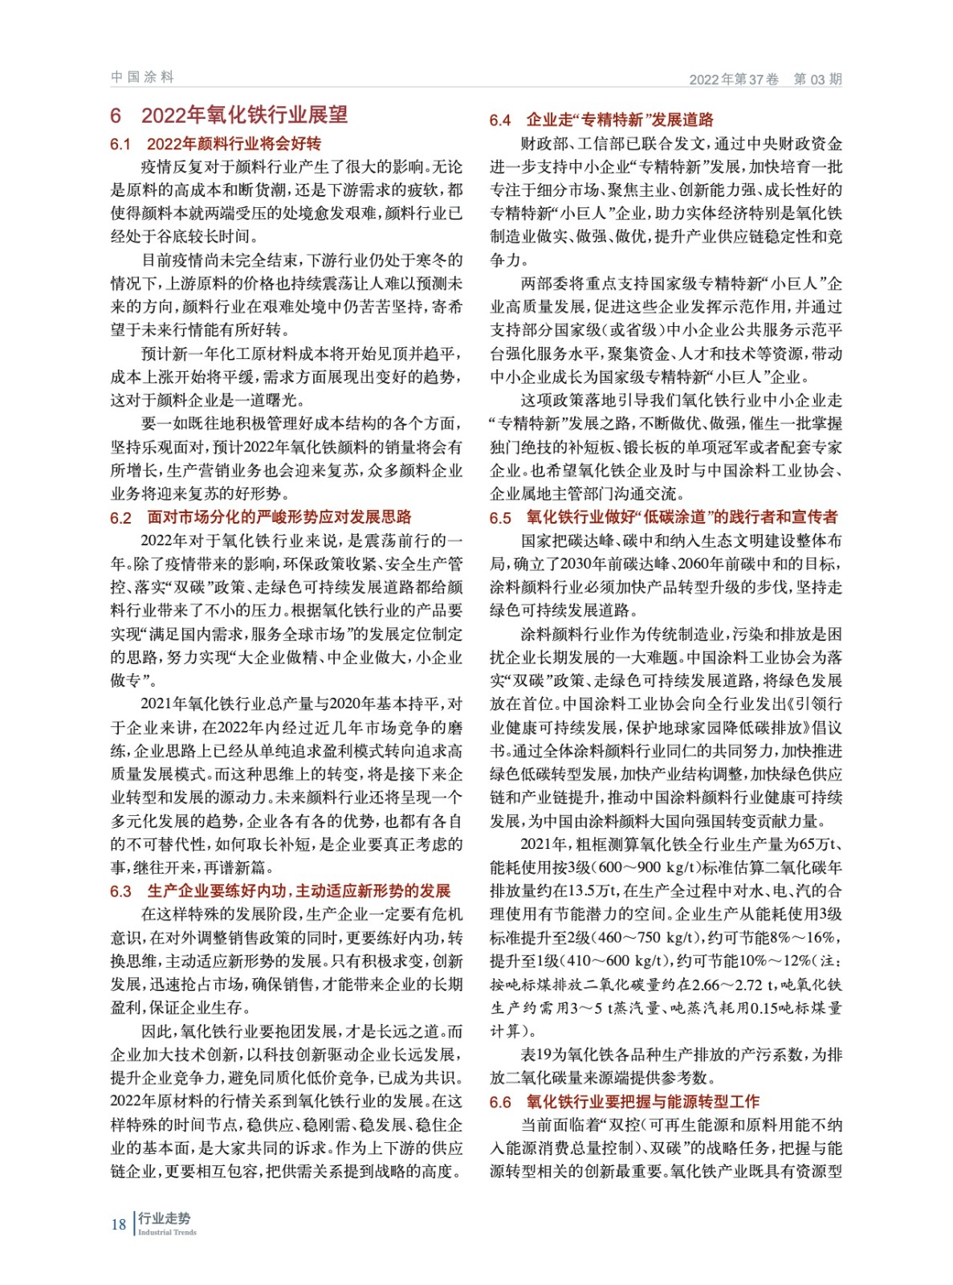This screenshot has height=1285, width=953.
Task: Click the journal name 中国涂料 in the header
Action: click(x=142, y=77)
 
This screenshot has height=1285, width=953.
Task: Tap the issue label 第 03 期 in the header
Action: click(x=817, y=79)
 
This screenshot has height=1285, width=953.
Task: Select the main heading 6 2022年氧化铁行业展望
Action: click(x=229, y=116)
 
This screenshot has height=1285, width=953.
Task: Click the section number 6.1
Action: click(x=120, y=145)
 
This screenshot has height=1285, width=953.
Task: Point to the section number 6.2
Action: click(x=120, y=518)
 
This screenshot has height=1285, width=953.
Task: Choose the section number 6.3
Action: click(x=120, y=891)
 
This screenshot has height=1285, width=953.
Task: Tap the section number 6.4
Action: click(x=500, y=120)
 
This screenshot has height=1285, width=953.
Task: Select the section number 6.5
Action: click(x=500, y=518)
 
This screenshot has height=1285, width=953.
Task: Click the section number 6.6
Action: click(x=500, y=1103)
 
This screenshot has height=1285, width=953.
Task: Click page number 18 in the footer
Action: click(x=119, y=1225)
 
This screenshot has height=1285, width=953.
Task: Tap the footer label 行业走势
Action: click(x=165, y=1218)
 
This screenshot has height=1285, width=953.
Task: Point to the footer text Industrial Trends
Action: click(x=167, y=1232)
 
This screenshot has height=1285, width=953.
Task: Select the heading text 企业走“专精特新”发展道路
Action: click(x=620, y=120)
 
